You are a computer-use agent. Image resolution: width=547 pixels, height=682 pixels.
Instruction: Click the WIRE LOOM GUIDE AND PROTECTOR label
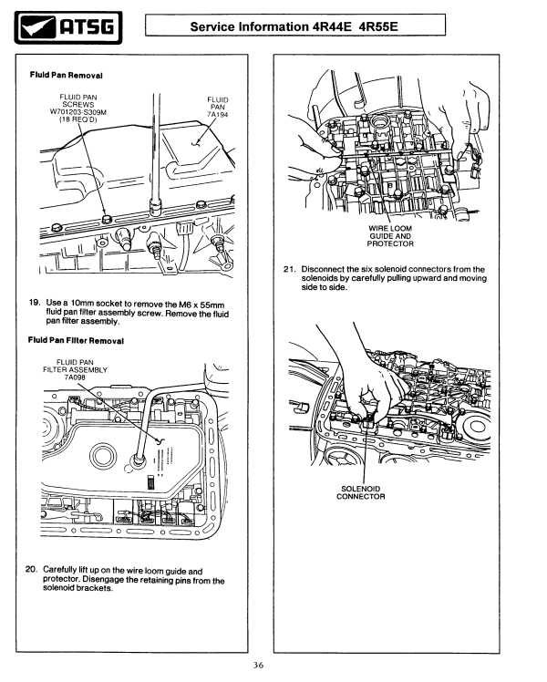coord(391,235)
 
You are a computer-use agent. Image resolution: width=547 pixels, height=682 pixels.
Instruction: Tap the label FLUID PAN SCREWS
coord(82,99)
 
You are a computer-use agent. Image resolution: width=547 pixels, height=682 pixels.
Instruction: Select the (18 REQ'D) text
coord(82,119)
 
